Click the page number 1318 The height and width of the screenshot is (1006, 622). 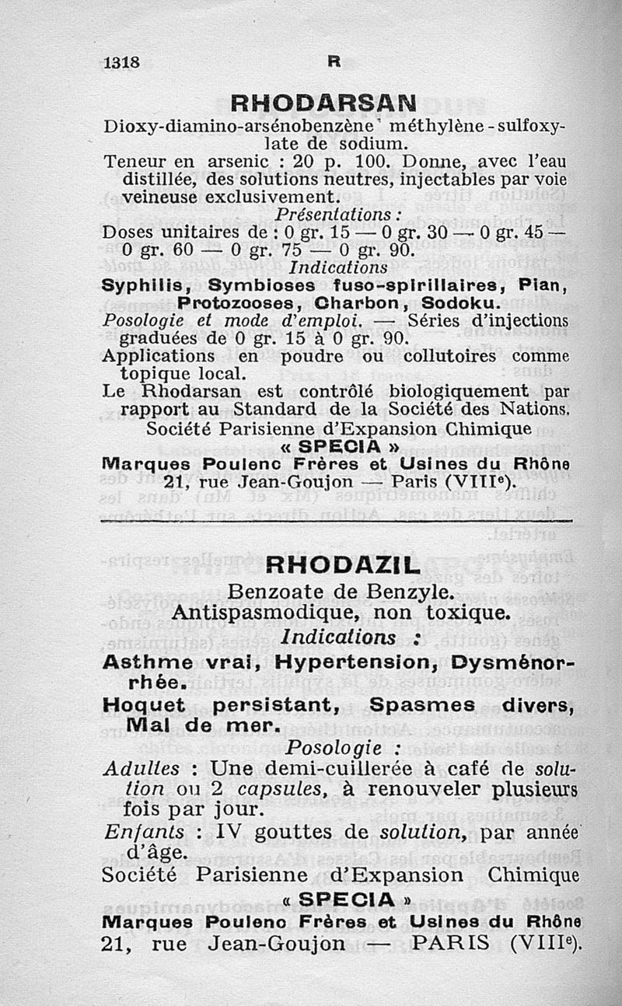point(121,64)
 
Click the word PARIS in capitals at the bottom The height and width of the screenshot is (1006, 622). point(456,943)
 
